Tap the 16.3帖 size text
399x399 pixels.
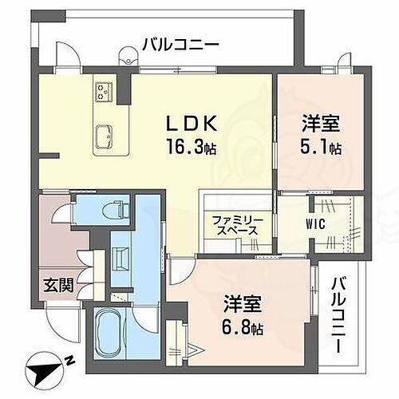(190, 148)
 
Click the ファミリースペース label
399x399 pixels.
(235, 225)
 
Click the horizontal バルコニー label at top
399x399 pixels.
(180, 45)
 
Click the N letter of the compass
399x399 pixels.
(69, 361)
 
